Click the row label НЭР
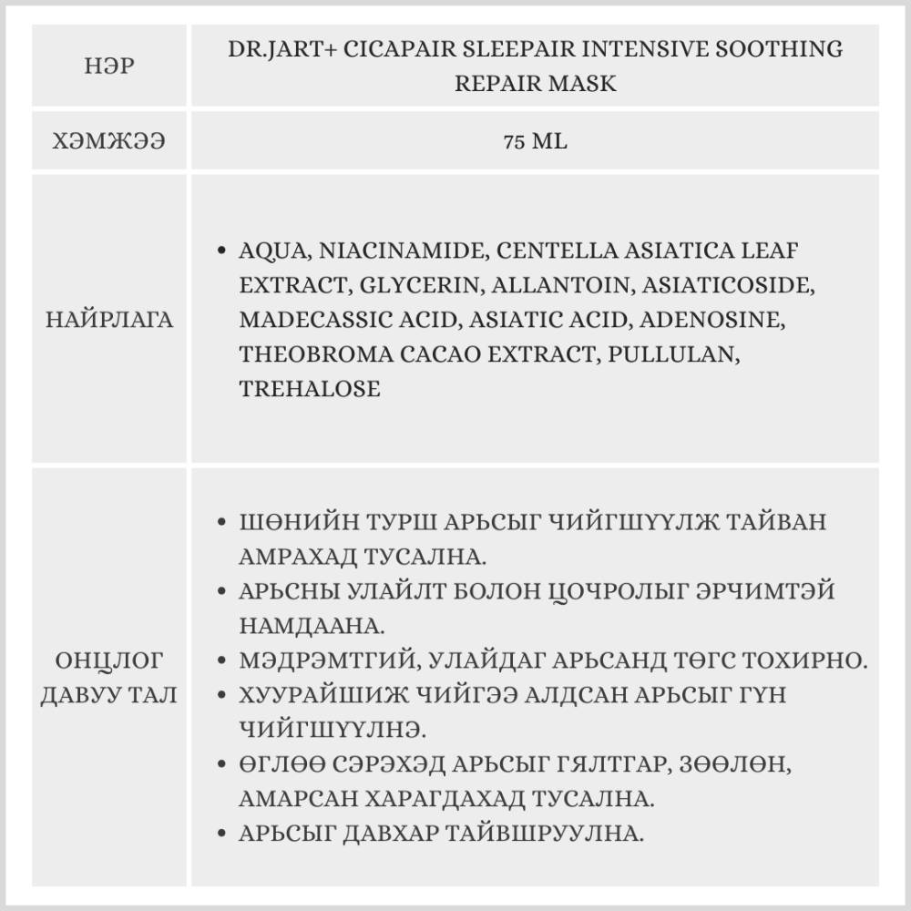coord(109,67)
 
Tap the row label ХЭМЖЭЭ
coord(109,142)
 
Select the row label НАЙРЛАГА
coord(109,320)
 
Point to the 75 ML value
coord(535,142)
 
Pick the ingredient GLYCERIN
coord(419,285)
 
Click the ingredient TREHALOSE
coord(310,389)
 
